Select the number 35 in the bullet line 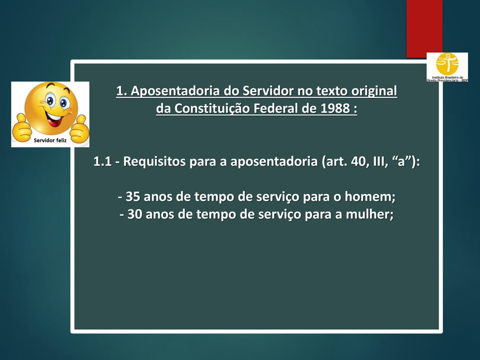133,196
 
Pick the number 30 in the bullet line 135,214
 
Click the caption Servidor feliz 50,141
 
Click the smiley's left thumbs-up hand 22,128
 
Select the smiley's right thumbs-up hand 79,129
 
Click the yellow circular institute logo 447,64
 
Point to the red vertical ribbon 424,29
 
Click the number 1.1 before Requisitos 102,162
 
